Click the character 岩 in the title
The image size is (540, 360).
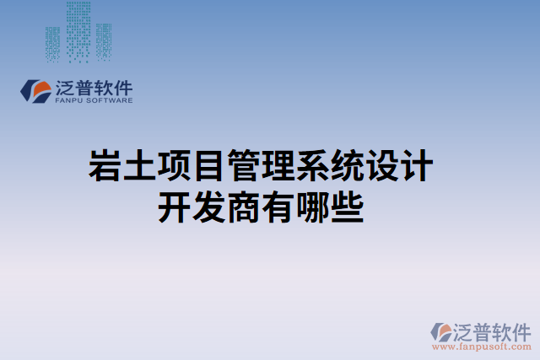tap(105, 167)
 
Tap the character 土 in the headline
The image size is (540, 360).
tap(140, 167)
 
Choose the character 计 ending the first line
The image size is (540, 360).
tap(417, 167)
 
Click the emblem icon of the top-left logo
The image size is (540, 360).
tap(36, 90)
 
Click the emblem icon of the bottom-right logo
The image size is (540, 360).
tap(440, 330)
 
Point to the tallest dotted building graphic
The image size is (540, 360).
tap(78, 32)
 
